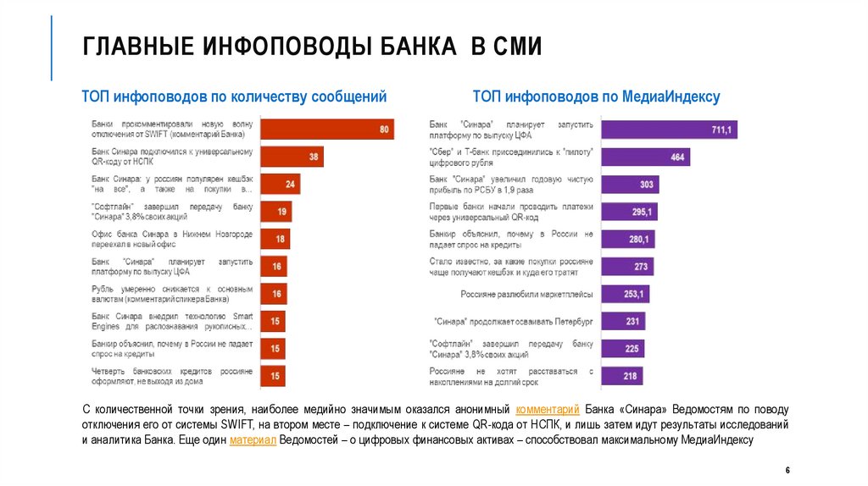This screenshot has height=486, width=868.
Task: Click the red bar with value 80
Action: click(x=326, y=130)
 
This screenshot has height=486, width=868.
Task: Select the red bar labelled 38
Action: click(x=292, y=157)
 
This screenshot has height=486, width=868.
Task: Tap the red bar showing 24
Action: click(x=280, y=184)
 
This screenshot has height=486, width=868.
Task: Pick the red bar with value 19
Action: click(x=275, y=212)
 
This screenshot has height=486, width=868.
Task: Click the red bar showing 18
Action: click(x=274, y=239)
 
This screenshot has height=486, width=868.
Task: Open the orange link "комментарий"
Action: click(x=547, y=408)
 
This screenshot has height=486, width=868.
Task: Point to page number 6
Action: click(x=787, y=470)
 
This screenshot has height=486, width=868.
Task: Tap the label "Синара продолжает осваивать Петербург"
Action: click(x=513, y=322)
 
